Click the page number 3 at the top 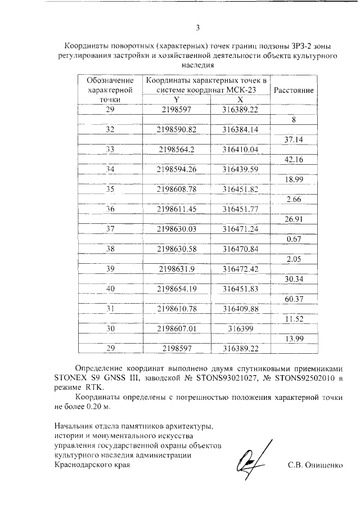coord(197,28)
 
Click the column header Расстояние coord(294,91)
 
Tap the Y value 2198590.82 coord(177,129)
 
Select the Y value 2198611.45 coord(177,209)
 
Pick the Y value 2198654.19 coord(177,289)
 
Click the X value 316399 coord(240,328)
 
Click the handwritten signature coord(249,457)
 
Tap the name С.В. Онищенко coord(315,466)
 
